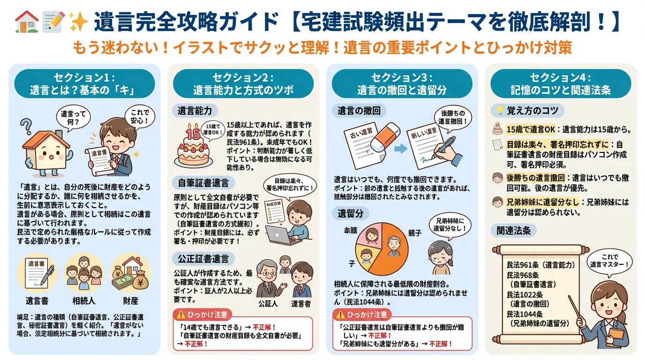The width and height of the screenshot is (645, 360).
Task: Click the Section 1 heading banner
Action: click(84, 83)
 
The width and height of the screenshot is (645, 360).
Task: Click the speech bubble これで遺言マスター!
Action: click(609, 260)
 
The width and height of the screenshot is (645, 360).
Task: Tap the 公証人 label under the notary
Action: click(268, 303)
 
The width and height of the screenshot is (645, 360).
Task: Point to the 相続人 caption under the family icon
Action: click(84, 300)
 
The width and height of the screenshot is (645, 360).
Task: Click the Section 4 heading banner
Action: click(561, 83)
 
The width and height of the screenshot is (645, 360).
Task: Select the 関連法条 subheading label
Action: click(513, 230)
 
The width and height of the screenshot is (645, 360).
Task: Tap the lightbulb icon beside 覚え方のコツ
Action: click(500, 111)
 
